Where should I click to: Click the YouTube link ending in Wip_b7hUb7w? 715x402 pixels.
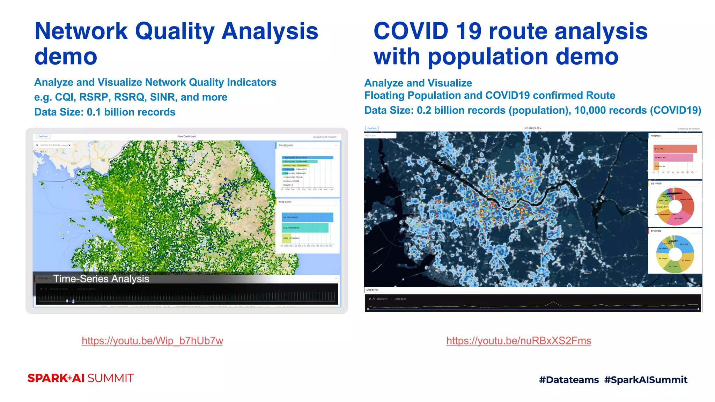[x=152, y=341]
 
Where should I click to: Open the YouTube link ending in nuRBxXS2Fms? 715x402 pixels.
[x=518, y=341]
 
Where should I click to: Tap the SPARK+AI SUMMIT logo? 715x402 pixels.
[x=81, y=378]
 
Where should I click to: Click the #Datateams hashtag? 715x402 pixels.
[x=569, y=380]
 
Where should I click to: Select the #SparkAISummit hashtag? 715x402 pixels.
[x=646, y=380]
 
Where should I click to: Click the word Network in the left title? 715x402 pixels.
[x=81, y=31]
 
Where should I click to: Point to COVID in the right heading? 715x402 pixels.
[x=411, y=31]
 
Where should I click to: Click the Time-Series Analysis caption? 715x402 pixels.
[x=101, y=279]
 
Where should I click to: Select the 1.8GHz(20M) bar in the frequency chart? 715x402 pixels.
[x=307, y=158]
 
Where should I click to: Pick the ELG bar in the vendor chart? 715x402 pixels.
[x=305, y=228]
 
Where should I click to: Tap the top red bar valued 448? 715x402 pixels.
[x=675, y=149]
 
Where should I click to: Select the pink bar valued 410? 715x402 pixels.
[x=673, y=158]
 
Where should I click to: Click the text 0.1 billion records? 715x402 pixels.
[x=131, y=112]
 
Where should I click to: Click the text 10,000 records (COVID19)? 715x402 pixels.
[x=637, y=110]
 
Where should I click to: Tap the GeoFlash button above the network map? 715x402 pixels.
[x=43, y=136]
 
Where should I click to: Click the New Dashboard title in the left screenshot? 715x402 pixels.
[x=187, y=136]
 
